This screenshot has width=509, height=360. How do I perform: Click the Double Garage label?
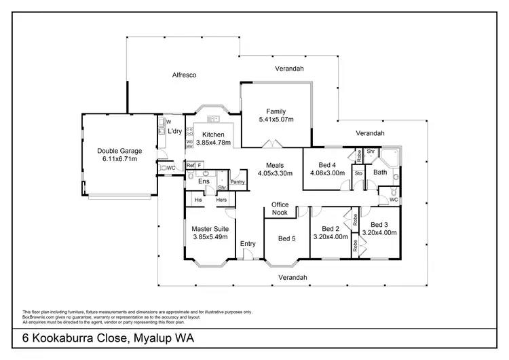(x=117, y=151)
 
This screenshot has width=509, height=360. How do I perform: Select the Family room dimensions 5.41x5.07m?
(x=276, y=120)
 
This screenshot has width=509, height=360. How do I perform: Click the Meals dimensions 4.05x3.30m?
(x=275, y=173)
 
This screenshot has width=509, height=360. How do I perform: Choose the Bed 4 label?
(x=327, y=165)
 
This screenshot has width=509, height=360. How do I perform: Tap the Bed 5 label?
(x=287, y=238)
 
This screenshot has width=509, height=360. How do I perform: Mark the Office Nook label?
(x=280, y=209)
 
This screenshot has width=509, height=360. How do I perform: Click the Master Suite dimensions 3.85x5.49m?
(x=210, y=238)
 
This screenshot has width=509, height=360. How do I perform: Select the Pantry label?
(x=237, y=181)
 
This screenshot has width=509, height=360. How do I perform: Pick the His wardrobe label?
(x=198, y=200)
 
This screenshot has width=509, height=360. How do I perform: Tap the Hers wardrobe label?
(x=221, y=200)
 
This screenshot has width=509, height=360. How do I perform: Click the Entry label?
(x=248, y=244)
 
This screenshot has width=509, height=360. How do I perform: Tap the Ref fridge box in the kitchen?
(x=191, y=165)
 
